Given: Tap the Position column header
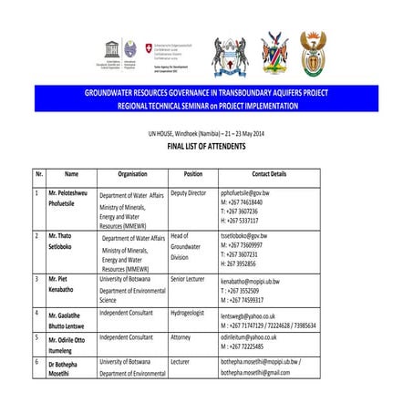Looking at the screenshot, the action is point(192,173).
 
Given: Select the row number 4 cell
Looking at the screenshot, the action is point(36,313).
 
